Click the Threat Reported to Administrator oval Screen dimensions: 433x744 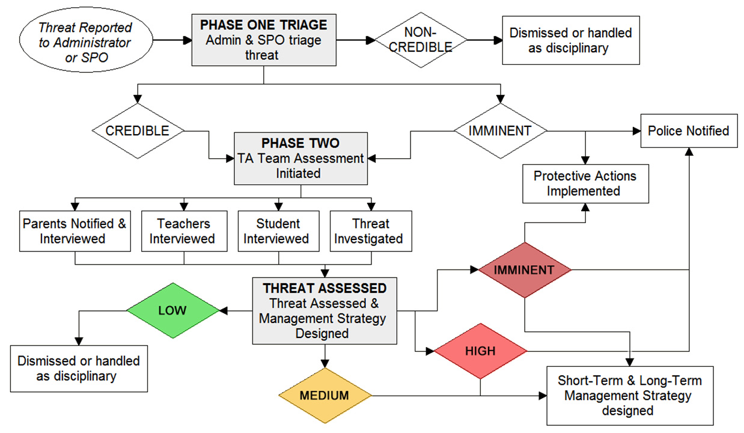click(85, 43)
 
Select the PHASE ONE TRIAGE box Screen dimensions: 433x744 click(264, 40)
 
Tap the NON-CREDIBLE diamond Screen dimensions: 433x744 click(421, 40)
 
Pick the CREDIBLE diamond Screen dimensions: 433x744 click(138, 131)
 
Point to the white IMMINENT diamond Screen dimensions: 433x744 click(500, 131)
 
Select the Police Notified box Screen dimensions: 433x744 click(689, 131)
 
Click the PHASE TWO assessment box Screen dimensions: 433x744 click(300, 158)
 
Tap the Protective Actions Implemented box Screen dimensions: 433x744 click(585, 183)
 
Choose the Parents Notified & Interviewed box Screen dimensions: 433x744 click(75, 231)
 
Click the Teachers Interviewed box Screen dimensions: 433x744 click(184, 231)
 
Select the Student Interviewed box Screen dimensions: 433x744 click(278, 231)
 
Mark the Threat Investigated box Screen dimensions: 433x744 click(371, 231)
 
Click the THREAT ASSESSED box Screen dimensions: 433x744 click(325, 310)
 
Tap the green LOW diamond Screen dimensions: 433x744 click(172, 311)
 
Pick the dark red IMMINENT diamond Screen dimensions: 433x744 click(525, 270)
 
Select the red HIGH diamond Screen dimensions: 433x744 click(481, 351)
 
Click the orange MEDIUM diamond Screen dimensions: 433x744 click(325, 395)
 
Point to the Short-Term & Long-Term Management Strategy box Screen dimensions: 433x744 click(629, 395)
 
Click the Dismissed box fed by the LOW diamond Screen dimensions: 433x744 click(79, 367)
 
